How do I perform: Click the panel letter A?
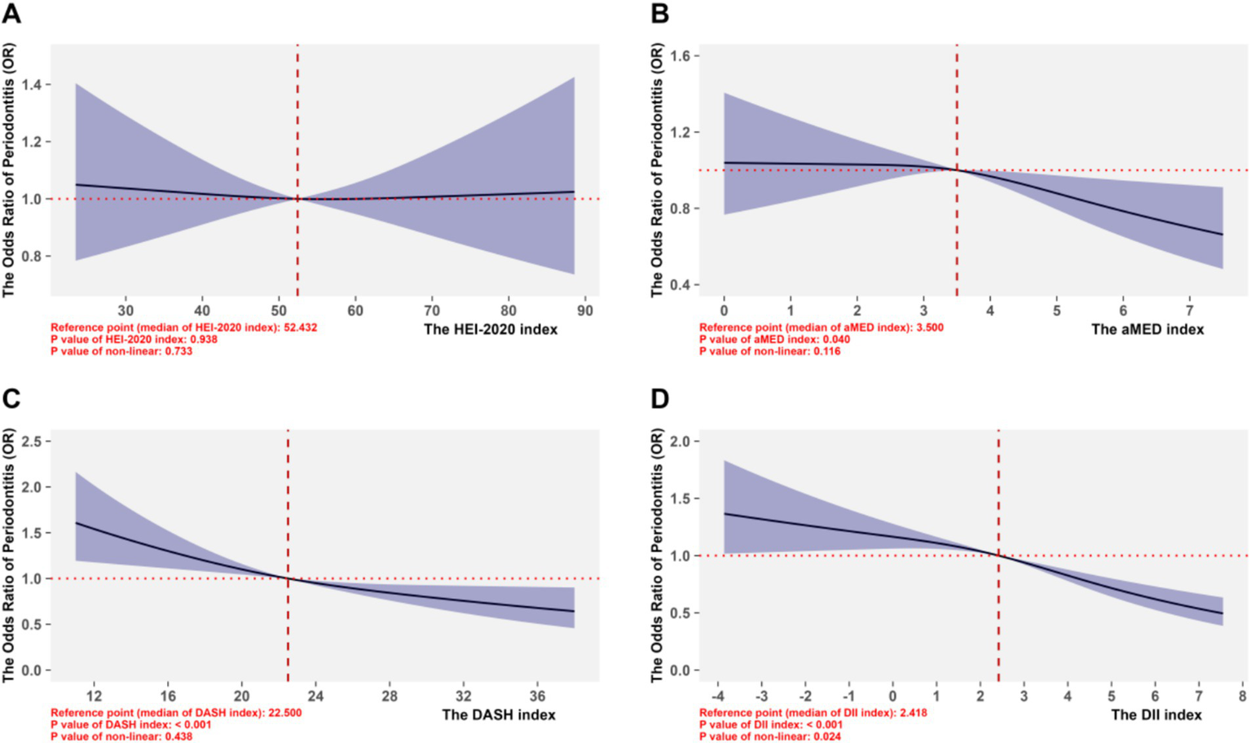coord(11,14)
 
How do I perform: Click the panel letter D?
coord(659,398)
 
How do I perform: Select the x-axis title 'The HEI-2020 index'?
coord(491,329)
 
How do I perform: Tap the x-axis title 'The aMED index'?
coord(1147,329)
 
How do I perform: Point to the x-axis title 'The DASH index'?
coord(499,714)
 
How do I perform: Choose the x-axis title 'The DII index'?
coord(1156,714)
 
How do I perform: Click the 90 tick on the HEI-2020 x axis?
coord(585,310)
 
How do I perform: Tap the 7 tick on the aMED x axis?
coord(1189,310)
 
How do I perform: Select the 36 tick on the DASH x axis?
coord(536,697)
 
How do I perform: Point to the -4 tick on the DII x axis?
coord(718,697)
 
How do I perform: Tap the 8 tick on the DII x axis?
coord(1242,697)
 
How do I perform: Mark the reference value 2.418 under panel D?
coord(910,713)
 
